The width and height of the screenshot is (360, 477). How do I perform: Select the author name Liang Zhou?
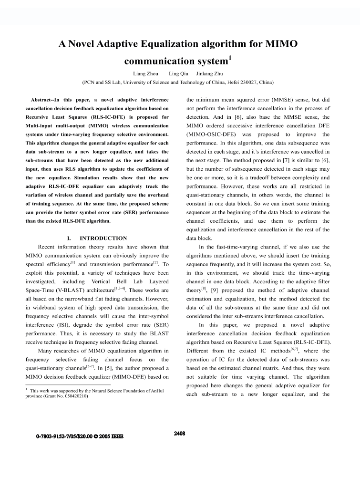(145, 73)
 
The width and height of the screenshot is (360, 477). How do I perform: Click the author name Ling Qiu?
(179, 73)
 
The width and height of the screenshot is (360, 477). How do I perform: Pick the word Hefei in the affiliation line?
(219, 82)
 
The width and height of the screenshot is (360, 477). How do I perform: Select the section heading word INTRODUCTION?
(103, 238)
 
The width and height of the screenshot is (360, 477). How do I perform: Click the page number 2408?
(179, 434)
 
